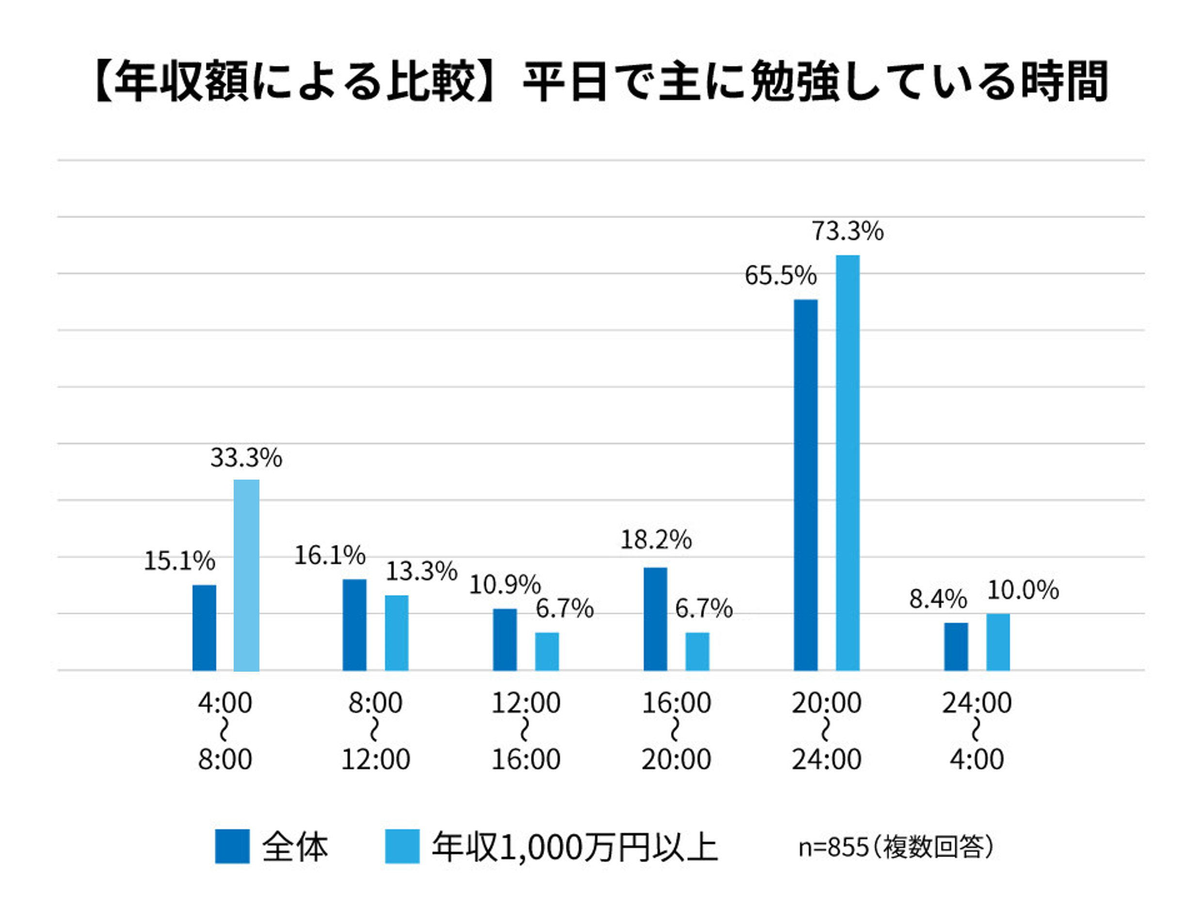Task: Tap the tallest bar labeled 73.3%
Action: click(x=847, y=462)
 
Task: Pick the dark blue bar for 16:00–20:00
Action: click(x=655, y=619)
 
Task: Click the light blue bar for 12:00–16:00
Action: click(x=547, y=651)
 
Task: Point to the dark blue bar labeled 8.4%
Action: click(x=956, y=646)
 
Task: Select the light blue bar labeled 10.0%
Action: click(x=997, y=642)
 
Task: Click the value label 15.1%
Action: click(x=179, y=561)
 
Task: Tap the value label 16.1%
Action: click(x=329, y=556)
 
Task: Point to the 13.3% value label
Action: click(x=421, y=572)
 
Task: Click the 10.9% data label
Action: click(x=505, y=585)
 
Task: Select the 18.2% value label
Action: click(x=656, y=540)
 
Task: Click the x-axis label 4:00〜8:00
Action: click(x=224, y=731)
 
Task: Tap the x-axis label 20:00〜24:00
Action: click(x=826, y=731)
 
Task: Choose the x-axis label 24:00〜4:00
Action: click(x=976, y=731)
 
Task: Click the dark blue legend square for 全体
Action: click(x=232, y=846)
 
